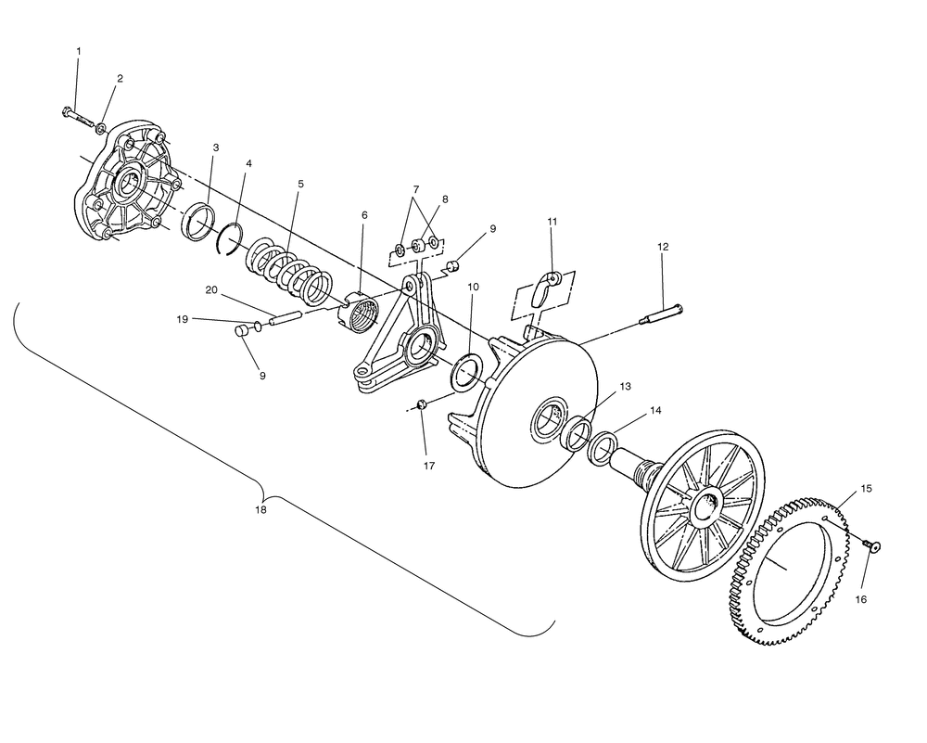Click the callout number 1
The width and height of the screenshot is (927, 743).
coord(78,50)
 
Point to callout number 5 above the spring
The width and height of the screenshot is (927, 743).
coord(300,185)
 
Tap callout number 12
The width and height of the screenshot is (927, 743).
coord(663,247)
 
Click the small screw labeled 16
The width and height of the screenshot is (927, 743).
coord(872,545)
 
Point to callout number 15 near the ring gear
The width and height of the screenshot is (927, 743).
coord(866,488)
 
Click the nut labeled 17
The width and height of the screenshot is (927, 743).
coord(421,405)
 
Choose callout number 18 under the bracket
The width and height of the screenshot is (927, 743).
coord(261,510)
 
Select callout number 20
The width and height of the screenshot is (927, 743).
coord(210,290)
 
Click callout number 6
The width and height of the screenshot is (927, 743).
coord(364,215)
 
